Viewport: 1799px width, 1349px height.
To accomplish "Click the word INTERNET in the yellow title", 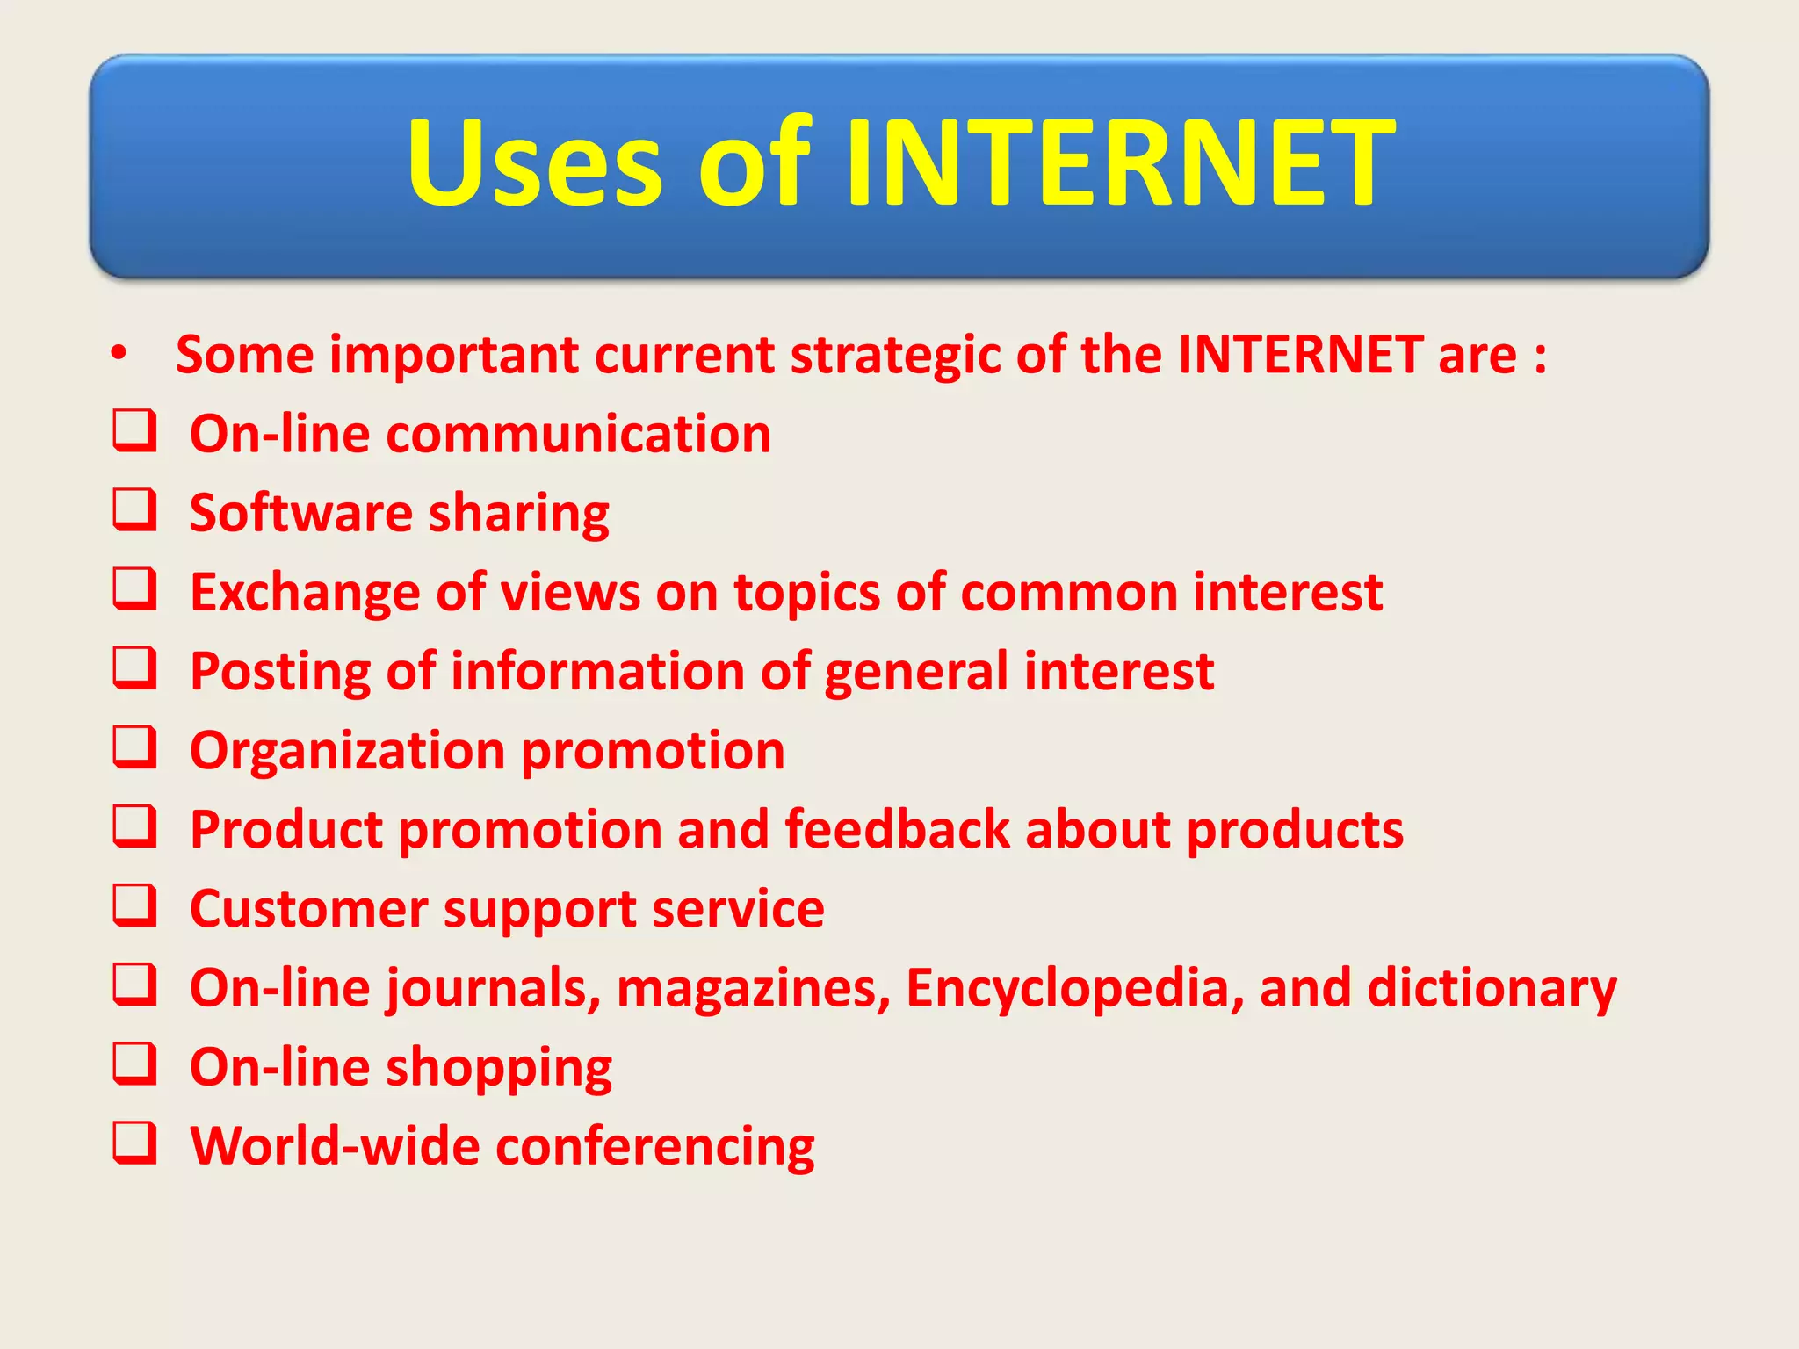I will [1120, 163].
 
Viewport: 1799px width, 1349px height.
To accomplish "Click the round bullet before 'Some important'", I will [119, 355].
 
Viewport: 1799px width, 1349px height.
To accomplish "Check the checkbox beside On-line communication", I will [134, 431].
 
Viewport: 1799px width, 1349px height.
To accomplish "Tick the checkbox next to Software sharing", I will [134, 510].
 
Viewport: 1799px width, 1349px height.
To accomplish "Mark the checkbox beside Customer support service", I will [134, 905].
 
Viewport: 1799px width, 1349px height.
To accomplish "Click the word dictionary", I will [1492, 988].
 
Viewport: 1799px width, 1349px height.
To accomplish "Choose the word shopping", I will [499, 1068].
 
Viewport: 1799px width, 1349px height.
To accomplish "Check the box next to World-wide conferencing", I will [134, 1143].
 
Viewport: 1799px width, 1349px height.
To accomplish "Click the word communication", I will [578, 434].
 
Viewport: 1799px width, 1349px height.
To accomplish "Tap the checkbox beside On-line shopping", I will [134, 1064].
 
